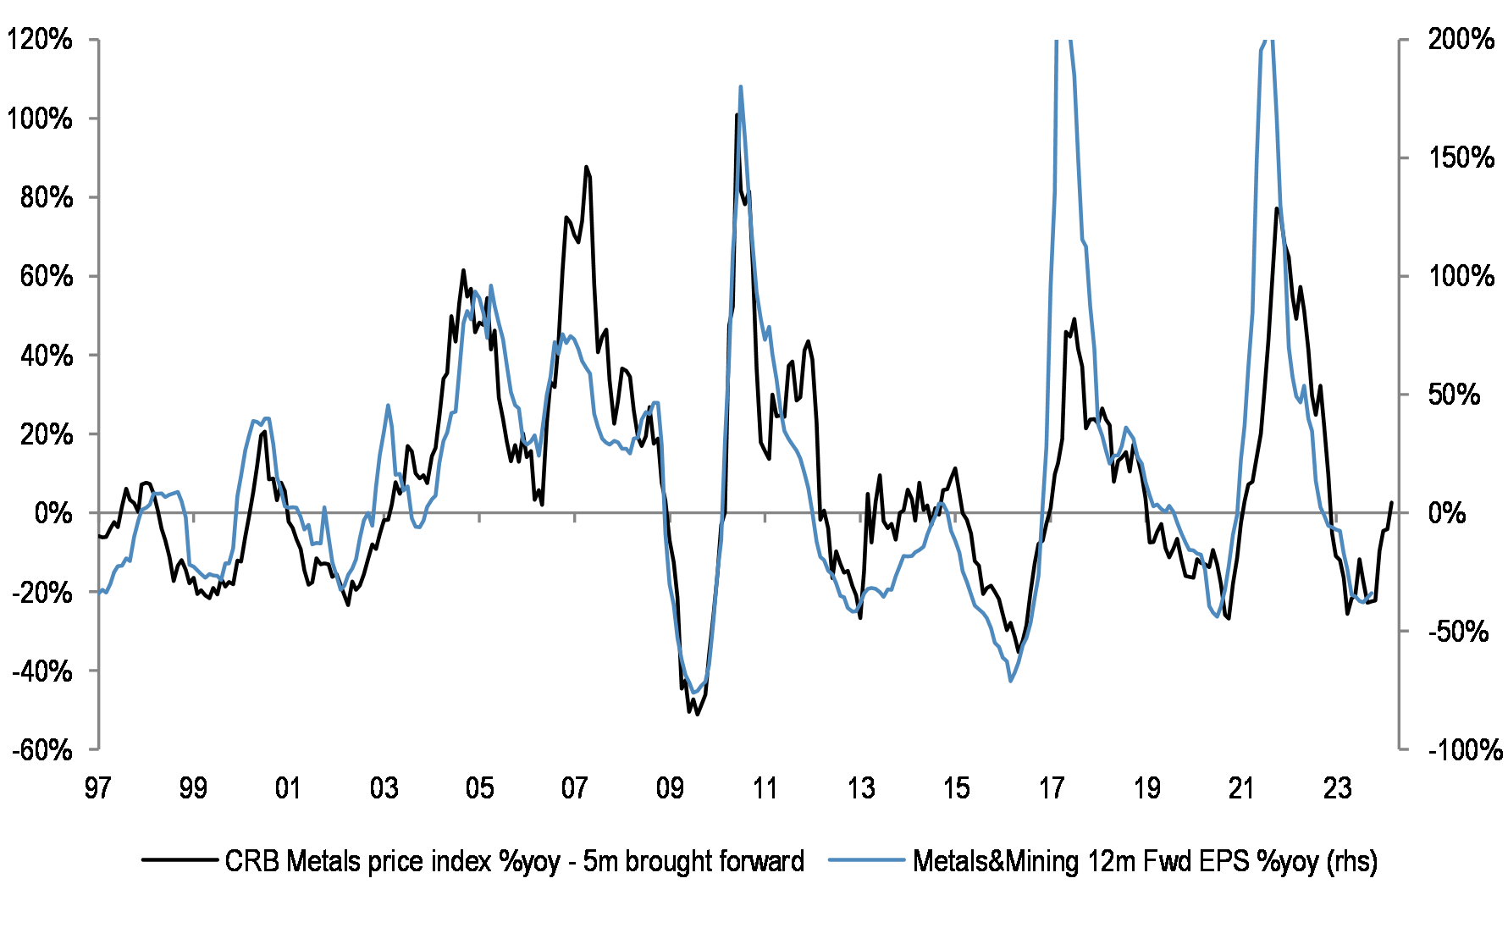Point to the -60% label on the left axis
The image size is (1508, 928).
41,750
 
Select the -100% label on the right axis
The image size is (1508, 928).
1466,750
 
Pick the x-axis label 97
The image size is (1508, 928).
97,788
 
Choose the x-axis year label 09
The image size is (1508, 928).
670,788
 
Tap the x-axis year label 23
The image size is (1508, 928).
1337,788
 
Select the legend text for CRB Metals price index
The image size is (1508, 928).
514,861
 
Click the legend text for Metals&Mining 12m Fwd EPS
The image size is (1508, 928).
1145,861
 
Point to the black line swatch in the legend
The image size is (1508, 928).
179,860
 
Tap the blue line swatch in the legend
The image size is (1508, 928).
866,860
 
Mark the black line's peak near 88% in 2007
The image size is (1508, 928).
585,167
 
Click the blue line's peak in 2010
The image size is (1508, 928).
741,86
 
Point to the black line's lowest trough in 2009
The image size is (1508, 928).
696,714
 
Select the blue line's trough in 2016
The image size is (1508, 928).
1010,681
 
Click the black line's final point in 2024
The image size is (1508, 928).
1391,503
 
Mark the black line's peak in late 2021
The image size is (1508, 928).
1276,208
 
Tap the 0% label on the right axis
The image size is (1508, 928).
1448,513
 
